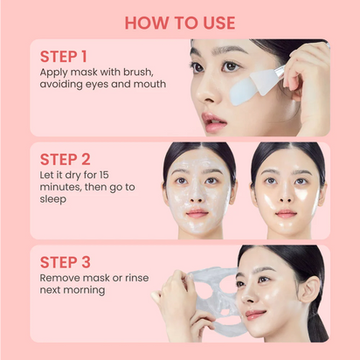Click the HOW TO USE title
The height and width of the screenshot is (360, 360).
pyautogui.click(x=180, y=21)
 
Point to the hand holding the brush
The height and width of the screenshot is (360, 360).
pyautogui.click(x=306, y=83)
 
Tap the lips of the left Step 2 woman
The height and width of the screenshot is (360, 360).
pyautogui.click(x=197, y=213)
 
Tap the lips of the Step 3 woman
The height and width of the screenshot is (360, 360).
pyautogui.click(x=257, y=313)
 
